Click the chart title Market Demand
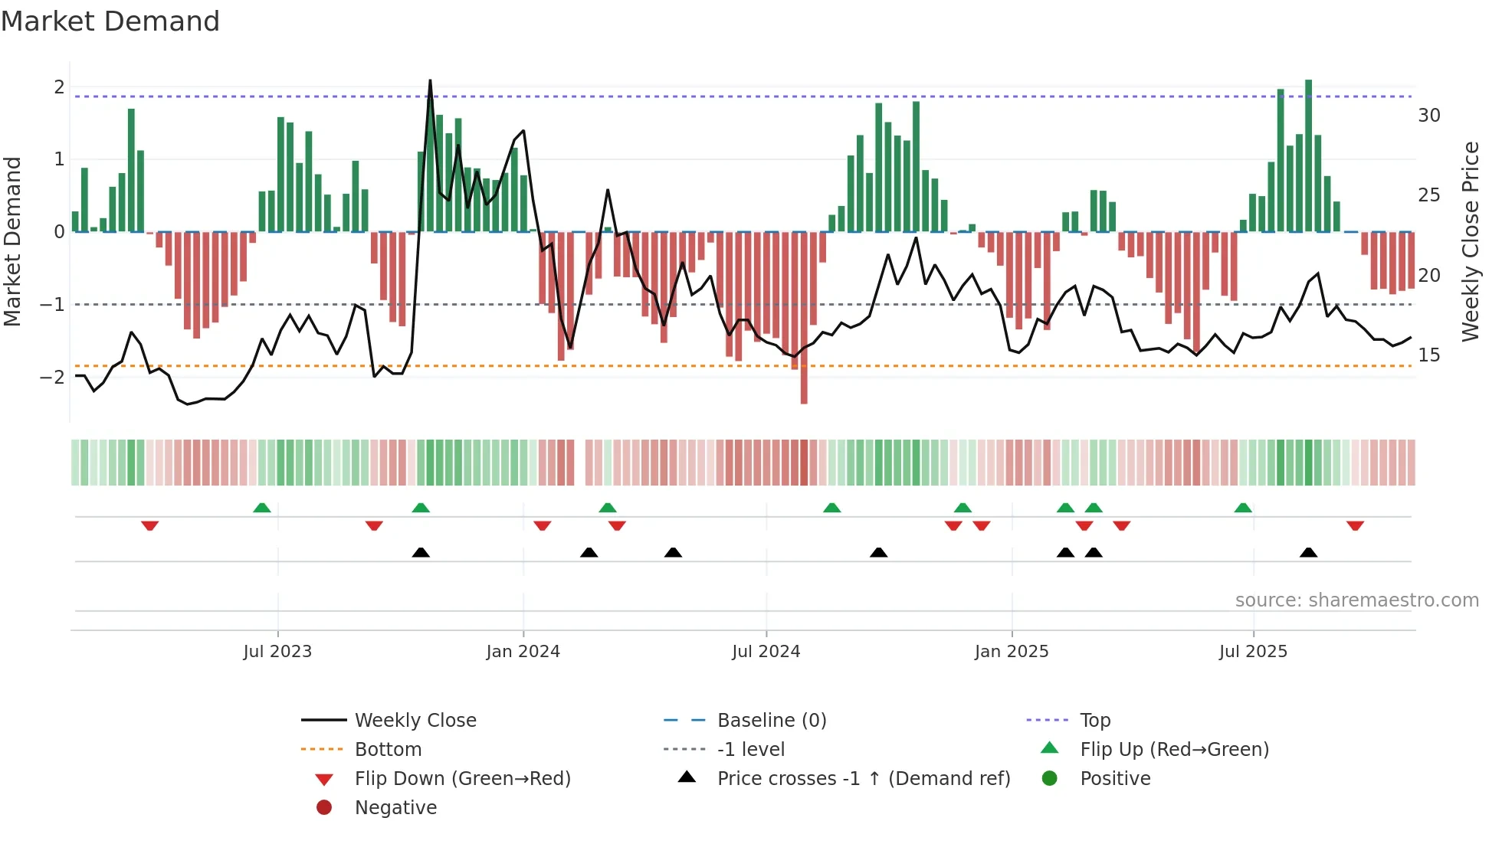[x=110, y=21]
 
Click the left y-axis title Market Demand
[x=12, y=241]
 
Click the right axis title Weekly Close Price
[x=1470, y=241]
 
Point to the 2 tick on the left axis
[x=59, y=87]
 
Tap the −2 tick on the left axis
[x=53, y=377]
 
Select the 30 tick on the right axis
[x=1428, y=116]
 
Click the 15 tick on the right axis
[x=1428, y=355]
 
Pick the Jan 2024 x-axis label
[x=523, y=652]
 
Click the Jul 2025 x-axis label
[x=1253, y=652]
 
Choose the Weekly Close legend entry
[x=415, y=720]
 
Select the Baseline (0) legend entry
[x=771, y=720]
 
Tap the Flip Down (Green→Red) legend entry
[x=462, y=778]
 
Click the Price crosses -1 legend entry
[x=863, y=778]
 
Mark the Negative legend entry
[x=395, y=807]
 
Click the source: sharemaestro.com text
[x=1356, y=600]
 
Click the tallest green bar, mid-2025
[x=1308, y=153]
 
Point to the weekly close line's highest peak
[x=430, y=82]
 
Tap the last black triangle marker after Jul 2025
[x=1308, y=552]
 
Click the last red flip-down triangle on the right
[x=1355, y=526]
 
